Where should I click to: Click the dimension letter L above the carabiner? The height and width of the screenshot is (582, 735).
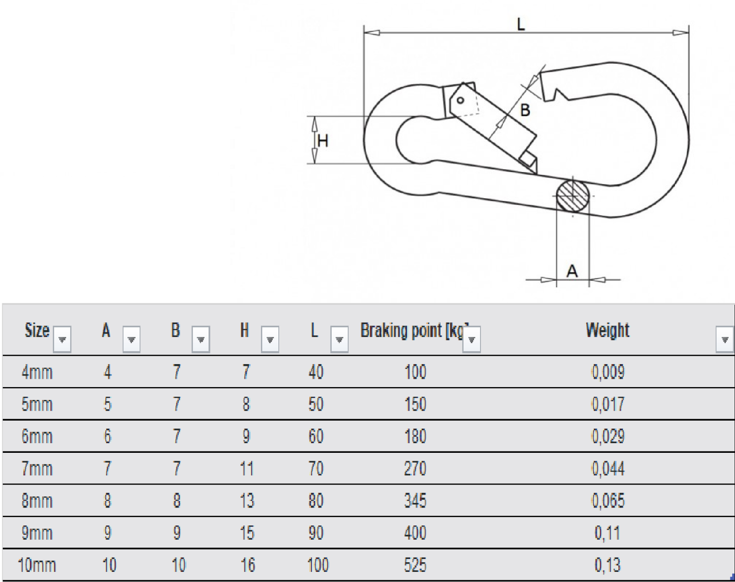click(x=520, y=24)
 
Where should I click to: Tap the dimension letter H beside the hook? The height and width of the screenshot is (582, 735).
click(x=322, y=141)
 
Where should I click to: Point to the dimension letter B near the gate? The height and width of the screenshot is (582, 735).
click(x=525, y=110)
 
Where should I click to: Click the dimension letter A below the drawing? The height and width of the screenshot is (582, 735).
click(x=572, y=271)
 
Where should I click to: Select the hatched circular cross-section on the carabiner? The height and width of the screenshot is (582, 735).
click(x=572, y=196)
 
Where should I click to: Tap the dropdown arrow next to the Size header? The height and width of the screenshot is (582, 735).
click(x=62, y=339)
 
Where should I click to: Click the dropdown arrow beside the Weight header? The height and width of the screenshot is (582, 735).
click(x=725, y=339)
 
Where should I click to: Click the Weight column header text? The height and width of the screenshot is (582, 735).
click(x=607, y=330)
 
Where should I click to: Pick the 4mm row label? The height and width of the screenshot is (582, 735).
click(x=37, y=372)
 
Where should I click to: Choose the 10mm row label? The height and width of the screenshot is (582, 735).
click(x=37, y=565)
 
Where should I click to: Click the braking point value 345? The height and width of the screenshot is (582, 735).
click(x=415, y=501)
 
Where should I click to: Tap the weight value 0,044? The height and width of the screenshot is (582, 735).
click(x=608, y=468)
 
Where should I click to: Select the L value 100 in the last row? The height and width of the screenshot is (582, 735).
click(x=318, y=565)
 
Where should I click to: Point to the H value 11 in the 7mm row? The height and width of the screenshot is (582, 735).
click(x=247, y=468)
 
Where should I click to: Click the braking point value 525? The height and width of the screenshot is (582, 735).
click(x=415, y=565)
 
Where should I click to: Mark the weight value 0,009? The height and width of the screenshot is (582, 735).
click(x=608, y=372)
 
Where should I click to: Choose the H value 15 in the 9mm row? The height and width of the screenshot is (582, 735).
click(x=247, y=533)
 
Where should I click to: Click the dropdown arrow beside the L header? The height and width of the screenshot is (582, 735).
click(x=339, y=339)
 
